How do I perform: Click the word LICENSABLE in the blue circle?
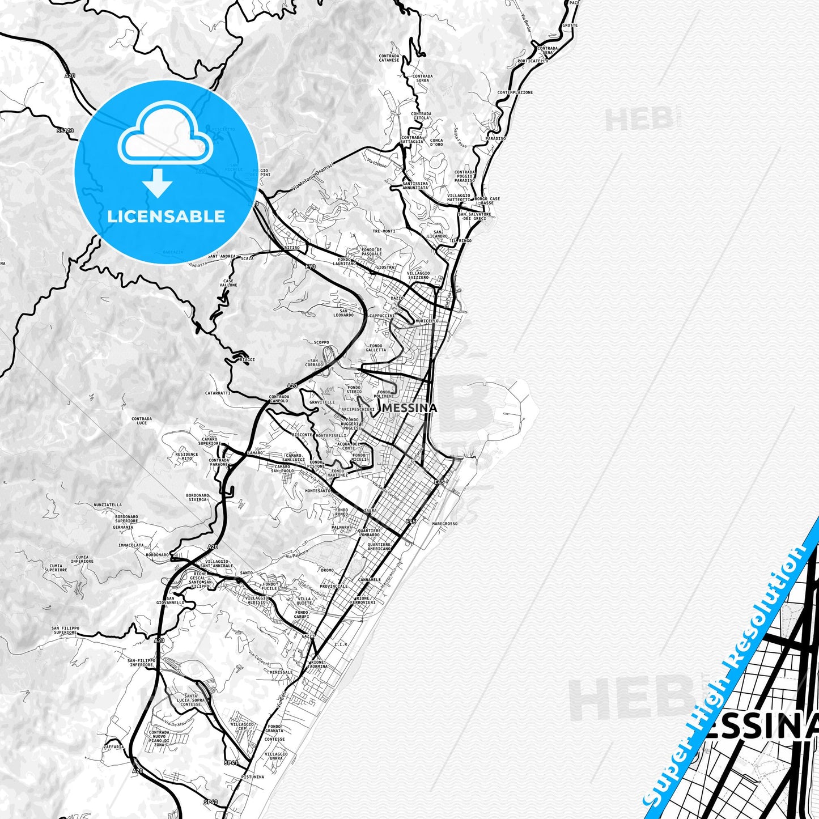pyautogui.click(x=166, y=216)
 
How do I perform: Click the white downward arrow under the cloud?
pyautogui.click(x=158, y=183)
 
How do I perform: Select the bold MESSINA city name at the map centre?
pyautogui.click(x=410, y=408)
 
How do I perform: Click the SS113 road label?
pyautogui.click(x=65, y=130)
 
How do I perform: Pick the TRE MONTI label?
pyautogui.click(x=384, y=231)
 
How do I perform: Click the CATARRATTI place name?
pyautogui.click(x=218, y=393)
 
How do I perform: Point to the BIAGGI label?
pyautogui.click(x=247, y=359)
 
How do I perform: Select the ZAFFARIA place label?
pyautogui.click(x=114, y=747)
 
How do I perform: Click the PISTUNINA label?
pyautogui.click(x=252, y=777)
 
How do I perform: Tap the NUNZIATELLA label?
pyautogui.click(x=108, y=504)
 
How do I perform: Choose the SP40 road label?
pyautogui.click(x=210, y=801)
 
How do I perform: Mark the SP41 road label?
pyautogui.click(x=230, y=763)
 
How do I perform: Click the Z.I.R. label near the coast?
pyautogui.click(x=341, y=644)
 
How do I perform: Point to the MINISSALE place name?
pyautogui.click(x=282, y=672)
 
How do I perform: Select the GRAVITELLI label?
pyautogui.click(x=322, y=402)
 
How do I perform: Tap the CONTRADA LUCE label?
pyautogui.click(x=142, y=421)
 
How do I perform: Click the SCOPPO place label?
pyautogui.click(x=321, y=342)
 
